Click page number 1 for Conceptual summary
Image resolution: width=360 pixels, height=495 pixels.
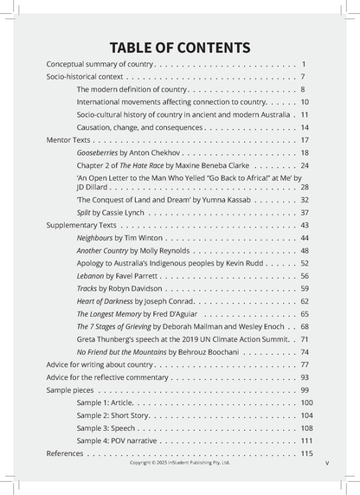305,65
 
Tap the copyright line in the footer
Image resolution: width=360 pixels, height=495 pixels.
180,463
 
